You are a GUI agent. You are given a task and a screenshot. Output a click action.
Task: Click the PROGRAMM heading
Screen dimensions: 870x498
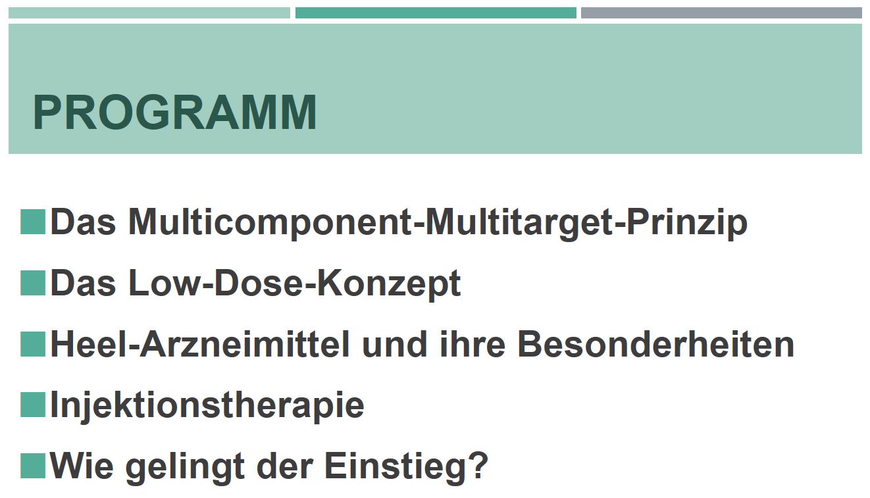(175, 112)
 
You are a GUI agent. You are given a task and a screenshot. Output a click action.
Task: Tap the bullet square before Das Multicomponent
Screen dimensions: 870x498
(33, 222)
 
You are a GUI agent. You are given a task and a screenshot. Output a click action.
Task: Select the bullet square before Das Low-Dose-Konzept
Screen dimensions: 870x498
(33, 283)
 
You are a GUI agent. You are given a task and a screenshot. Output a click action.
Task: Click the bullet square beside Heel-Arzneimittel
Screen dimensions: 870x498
(33, 344)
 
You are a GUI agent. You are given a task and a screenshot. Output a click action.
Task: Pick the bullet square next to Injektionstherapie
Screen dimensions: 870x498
(33, 405)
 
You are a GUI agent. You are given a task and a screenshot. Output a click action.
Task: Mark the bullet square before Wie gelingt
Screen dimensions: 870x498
(33, 465)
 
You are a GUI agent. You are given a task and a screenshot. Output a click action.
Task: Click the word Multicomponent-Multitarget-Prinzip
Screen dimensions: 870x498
(438, 224)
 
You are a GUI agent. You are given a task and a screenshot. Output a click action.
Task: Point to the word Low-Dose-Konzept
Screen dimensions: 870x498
(294, 284)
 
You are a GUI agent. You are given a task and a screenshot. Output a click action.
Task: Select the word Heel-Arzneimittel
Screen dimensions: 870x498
(200, 344)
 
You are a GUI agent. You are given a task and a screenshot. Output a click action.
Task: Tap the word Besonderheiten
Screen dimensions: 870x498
(656, 344)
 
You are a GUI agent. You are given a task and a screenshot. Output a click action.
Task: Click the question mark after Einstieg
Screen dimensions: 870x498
(476, 464)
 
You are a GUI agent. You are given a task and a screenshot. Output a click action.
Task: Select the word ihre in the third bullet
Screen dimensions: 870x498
(473, 344)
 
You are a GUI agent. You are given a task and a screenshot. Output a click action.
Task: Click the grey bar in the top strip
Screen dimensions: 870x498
(721, 12)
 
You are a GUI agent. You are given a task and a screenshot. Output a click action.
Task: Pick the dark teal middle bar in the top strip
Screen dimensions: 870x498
(436, 12)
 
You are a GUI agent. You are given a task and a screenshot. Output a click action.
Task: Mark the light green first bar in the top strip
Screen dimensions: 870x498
(149, 12)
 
